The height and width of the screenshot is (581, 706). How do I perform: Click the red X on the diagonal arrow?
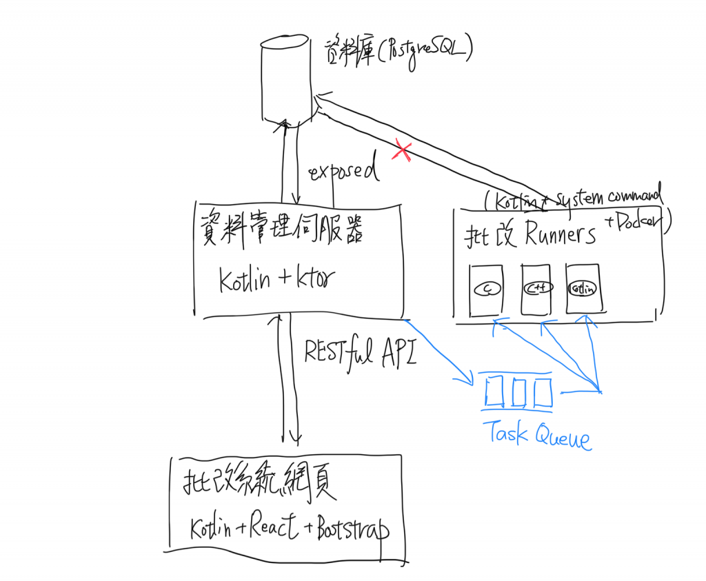401,151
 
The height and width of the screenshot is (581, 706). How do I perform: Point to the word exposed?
345,170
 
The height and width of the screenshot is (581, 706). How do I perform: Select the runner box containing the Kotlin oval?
583,288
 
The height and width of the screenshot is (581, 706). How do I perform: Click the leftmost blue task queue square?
495,392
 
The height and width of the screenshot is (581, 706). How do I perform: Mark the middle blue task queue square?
518,392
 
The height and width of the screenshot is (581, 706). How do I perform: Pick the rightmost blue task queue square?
543,392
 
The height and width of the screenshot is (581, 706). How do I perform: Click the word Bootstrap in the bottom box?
352,531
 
